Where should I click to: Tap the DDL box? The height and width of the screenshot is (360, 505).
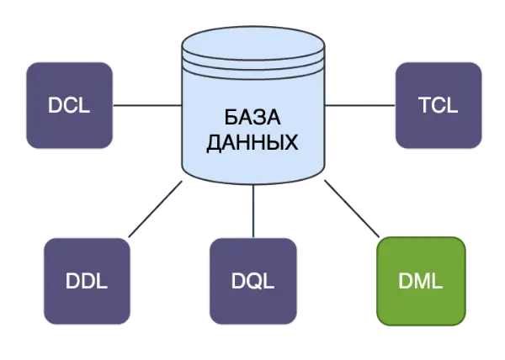[x=87, y=281]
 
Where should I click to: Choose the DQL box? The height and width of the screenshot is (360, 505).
[x=253, y=281]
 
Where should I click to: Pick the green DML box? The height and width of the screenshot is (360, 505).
[x=422, y=281]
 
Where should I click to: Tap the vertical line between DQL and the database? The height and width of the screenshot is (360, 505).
[x=253, y=210]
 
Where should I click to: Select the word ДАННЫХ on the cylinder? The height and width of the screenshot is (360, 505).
[x=252, y=142]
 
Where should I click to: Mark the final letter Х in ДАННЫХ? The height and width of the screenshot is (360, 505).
[x=291, y=142]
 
